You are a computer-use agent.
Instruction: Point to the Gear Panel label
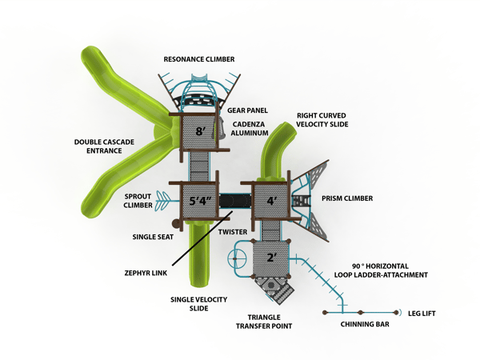tap(247, 110)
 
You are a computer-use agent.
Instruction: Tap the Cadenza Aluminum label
tap(251, 130)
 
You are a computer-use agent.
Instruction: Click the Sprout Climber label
tap(138, 201)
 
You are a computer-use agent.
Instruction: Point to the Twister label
tap(233, 232)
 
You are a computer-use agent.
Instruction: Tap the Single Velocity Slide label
tap(199, 304)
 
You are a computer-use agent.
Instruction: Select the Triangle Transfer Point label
tap(265, 321)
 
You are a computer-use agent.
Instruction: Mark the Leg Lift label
tap(422, 313)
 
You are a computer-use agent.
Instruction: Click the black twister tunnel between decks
tap(233, 200)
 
